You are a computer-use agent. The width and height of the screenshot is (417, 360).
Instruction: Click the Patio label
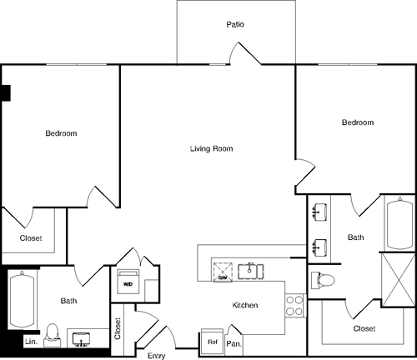click(x=236, y=25)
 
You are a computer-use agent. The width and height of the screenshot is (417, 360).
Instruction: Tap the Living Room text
click(x=211, y=149)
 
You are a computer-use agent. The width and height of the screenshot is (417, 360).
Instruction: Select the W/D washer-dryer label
click(x=128, y=283)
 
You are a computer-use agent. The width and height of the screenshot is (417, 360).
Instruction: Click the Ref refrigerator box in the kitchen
click(x=212, y=342)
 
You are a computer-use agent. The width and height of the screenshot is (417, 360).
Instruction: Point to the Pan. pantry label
click(x=234, y=342)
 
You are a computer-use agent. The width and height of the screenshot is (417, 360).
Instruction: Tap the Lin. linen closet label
click(x=30, y=342)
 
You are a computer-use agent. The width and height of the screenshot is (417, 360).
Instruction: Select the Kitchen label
click(x=245, y=306)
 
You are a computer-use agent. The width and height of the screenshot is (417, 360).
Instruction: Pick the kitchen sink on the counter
click(x=249, y=270)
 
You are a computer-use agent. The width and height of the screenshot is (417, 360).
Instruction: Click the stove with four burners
click(x=294, y=304)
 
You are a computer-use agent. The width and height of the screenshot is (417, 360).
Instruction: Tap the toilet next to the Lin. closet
click(x=52, y=333)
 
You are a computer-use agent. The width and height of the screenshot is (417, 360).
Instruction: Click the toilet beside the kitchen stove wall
click(x=322, y=279)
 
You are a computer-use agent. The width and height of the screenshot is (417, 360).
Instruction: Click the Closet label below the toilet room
click(x=364, y=329)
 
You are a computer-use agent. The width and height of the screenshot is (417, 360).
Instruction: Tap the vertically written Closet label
click(x=118, y=329)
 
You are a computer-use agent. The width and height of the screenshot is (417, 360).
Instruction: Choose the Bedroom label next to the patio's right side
click(x=358, y=122)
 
